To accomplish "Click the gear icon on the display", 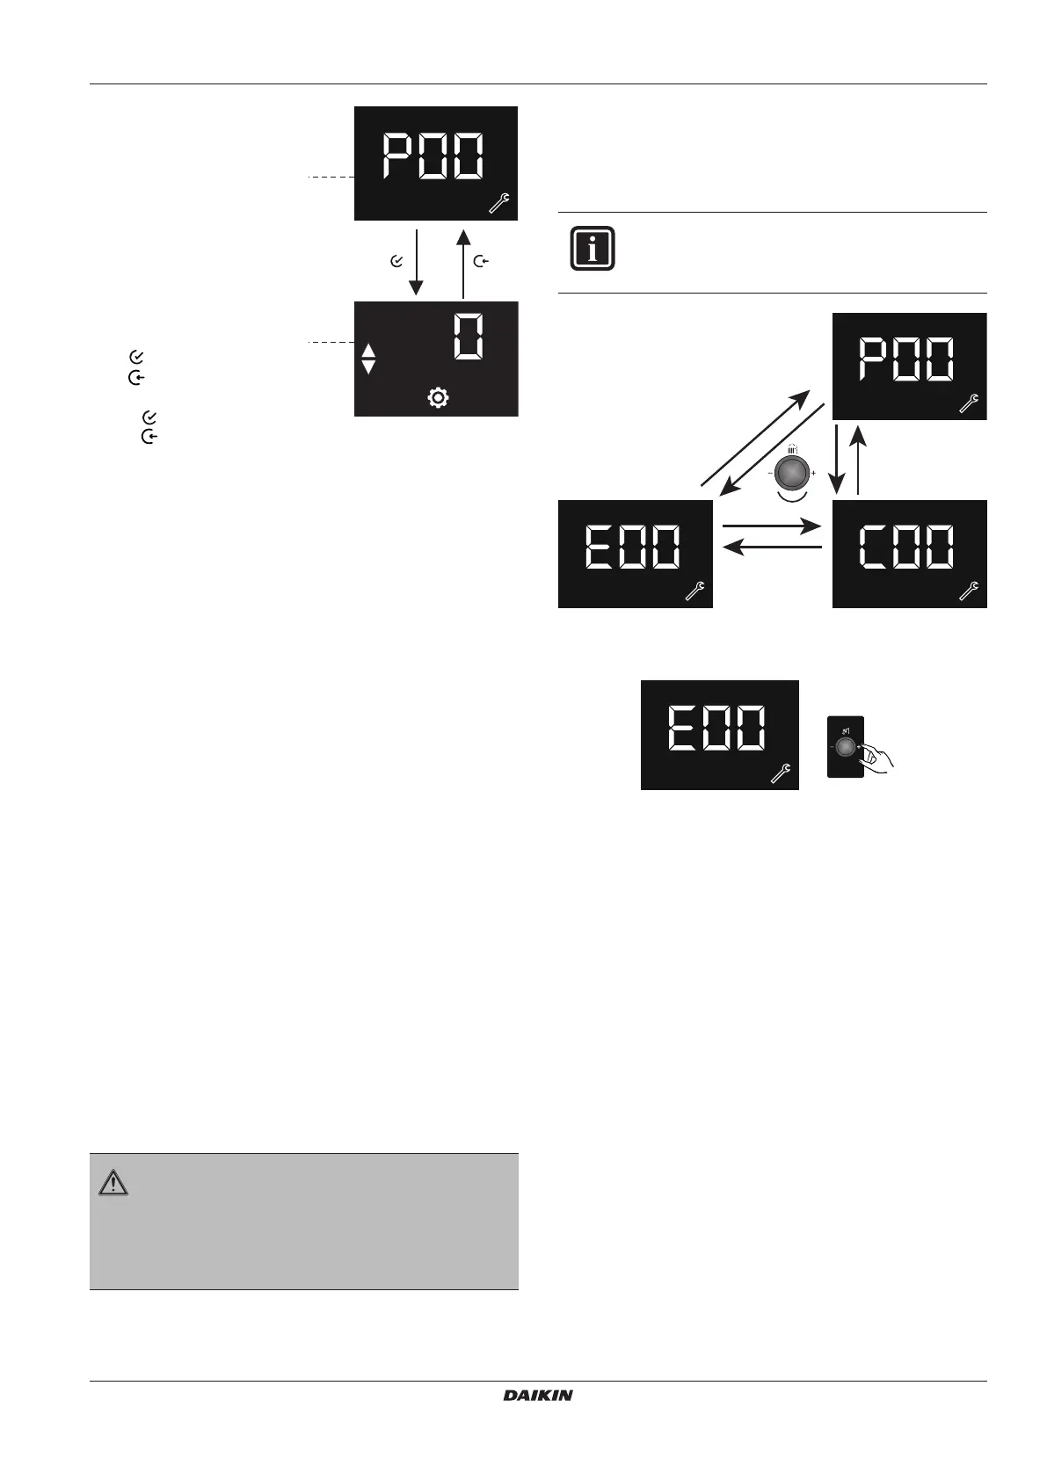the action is (x=438, y=398).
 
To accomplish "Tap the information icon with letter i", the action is (x=593, y=249).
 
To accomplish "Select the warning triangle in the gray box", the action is (x=113, y=1184).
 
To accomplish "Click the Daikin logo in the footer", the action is (x=538, y=1395).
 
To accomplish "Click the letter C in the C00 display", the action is (x=874, y=547).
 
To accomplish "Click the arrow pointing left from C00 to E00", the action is (x=771, y=548).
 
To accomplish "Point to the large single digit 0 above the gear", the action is (x=469, y=337).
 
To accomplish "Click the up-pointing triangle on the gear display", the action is (x=368, y=352).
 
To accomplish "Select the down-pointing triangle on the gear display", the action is (x=368, y=367).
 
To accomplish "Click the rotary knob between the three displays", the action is (x=791, y=473).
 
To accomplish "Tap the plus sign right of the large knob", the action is (x=813, y=474).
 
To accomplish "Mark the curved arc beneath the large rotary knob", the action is (x=791, y=497).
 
